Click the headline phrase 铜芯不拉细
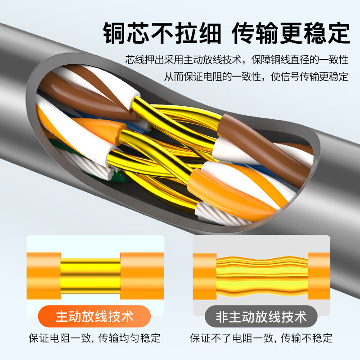[x=162, y=33]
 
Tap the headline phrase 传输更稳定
[x=291, y=33]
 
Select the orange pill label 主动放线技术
[x=94, y=316]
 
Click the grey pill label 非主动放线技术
[x=261, y=317]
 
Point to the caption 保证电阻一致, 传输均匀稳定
[x=94, y=338]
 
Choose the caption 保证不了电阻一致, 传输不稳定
[x=261, y=338]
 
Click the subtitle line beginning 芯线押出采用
[x=237, y=59]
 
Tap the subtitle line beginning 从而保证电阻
[x=256, y=76]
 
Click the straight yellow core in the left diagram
[x=90, y=276]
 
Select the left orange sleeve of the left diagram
[x=44, y=276]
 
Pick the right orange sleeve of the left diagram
[x=142, y=276]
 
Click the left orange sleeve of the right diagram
[x=205, y=276]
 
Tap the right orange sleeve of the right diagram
[x=319, y=276]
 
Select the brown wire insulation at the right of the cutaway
[x=264, y=147]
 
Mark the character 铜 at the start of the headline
[x=114, y=33]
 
